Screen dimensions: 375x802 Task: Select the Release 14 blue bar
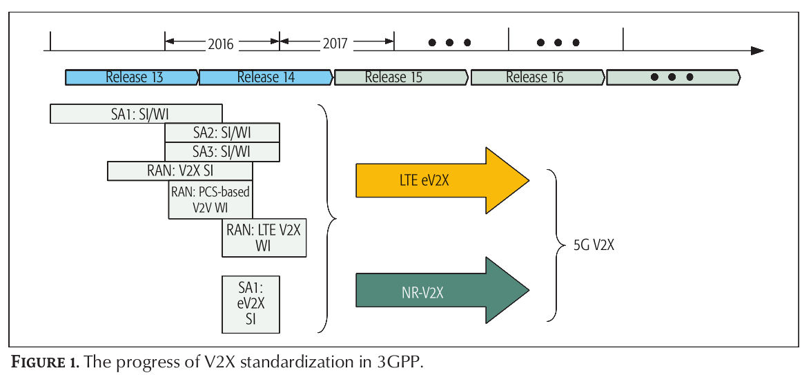(266, 77)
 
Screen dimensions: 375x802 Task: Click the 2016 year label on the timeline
(221, 44)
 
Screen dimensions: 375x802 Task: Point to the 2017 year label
(335, 44)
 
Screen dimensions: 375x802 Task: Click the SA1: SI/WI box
(136, 114)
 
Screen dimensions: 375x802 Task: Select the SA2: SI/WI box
(222, 133)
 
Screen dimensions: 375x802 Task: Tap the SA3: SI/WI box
(222, 152)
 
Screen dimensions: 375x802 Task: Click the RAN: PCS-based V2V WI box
(211, 200)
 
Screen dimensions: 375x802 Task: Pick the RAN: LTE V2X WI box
(264, 238)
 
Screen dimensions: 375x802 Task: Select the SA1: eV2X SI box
(251, 305)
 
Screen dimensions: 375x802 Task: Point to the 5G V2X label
(593, 244)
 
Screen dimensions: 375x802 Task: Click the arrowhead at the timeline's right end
(757, 51)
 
